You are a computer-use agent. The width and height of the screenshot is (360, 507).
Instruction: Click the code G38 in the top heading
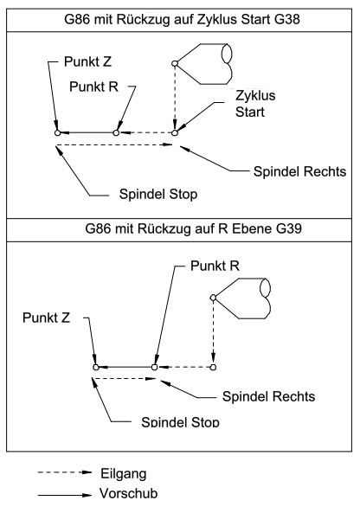(287, 19)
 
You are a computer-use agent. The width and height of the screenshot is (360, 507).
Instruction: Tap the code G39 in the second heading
(289, 229)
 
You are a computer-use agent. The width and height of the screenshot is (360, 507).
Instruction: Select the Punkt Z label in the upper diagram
(87, 61)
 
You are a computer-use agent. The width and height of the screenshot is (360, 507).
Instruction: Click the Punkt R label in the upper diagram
(93, 87)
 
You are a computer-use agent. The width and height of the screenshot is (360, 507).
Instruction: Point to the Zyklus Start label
(255, 104)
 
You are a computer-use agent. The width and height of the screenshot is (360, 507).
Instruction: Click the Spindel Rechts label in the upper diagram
(299, 171)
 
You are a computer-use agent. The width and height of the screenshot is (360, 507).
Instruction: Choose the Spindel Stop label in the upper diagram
(158, 194)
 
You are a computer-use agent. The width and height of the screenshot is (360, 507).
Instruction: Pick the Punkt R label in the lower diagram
(215, 266)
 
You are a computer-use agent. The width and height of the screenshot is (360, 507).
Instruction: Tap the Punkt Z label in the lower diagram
(46, 318)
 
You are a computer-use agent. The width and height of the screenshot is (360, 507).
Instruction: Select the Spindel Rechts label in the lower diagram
(268, 396)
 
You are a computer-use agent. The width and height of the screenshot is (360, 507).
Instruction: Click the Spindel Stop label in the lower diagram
(180, 421)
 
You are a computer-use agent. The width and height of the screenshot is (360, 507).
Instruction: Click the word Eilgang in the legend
(124, 474)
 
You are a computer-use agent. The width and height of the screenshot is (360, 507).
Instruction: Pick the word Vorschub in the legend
(129, 493)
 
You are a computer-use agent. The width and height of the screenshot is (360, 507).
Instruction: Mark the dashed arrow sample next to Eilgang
(65, 472)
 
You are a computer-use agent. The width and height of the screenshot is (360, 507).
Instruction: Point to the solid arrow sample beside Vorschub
(65, 495)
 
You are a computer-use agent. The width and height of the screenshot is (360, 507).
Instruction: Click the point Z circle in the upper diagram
(58, 132)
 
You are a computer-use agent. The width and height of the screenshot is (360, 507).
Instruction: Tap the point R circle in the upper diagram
(116, 132)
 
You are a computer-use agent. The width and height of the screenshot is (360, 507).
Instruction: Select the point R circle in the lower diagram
(154, 367)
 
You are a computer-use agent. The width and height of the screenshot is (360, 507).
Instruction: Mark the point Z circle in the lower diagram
(96, 367)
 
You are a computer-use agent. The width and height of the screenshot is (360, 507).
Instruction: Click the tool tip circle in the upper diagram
(175, 63)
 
